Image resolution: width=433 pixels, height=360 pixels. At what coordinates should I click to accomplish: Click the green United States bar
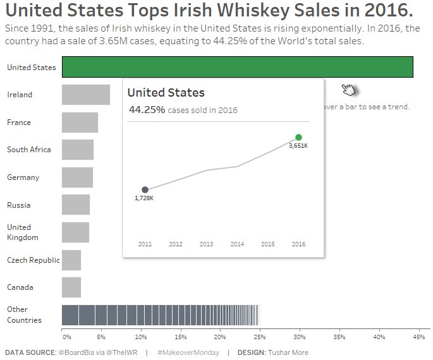pyautogui.click(x=237, y=67)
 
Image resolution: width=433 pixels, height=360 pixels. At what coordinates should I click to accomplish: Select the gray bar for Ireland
pyautogui.click(x=85, y=95)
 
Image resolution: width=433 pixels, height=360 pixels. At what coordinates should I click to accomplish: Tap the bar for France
pyautogui.click(x=80, y=123)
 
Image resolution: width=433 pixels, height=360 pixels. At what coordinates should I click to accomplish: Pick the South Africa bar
pyautogui.click(x=77, y=150)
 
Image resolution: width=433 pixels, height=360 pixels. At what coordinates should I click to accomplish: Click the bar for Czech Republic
pyautogui.click(x=71, y=260)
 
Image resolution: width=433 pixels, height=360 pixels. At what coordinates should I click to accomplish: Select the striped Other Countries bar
pyautogui.click(x=160, y=315)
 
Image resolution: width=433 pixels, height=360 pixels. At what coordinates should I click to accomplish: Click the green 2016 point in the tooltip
pyautogui.click(x=298, y=137)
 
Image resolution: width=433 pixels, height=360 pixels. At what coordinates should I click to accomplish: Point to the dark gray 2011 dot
pyautogui.click(x=145, y=189)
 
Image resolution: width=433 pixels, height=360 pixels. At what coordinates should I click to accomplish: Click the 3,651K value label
pyautogui.click(x=298, y=146)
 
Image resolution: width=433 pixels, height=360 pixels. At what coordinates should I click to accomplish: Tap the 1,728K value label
pyautogui.click(x=144, y=198)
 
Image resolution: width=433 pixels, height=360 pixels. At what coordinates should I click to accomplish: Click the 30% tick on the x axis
pyautogui.click(x=299, y=337)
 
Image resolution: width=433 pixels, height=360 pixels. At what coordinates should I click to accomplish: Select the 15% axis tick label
pyautogui.click(x=180, y=337)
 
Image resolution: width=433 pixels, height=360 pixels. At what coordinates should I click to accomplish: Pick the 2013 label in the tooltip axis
pyautogui.click(x=206, y=244)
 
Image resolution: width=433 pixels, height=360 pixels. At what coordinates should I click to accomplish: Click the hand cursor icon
pyautogui.click(x=348, y=90)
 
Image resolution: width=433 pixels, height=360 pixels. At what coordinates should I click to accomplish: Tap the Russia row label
pyautogui.click(x=18, y=205)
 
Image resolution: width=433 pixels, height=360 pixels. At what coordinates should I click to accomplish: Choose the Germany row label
pyautogui.click(x=23, y=177)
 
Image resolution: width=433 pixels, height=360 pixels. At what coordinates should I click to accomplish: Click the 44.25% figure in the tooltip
pyautogui.click(x=147, y=109)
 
